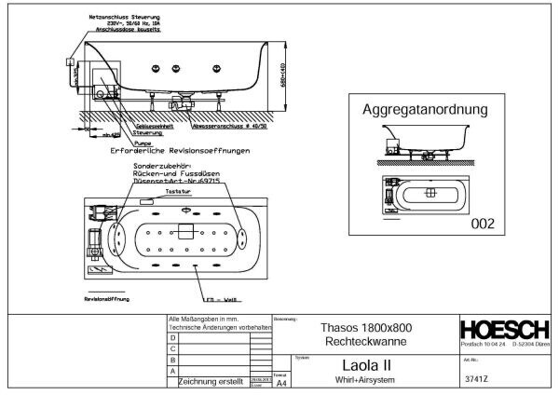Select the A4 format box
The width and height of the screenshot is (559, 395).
pos(282,382)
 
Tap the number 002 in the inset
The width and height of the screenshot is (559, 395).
pos(481,225)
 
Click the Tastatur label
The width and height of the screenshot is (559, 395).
pos(177,191)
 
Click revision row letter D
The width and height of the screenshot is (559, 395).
pos(172,337)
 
